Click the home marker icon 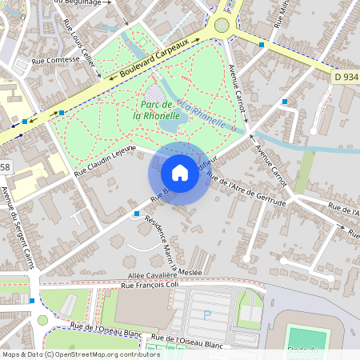point(180,173)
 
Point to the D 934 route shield point(343,74)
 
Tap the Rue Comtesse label point(55,59)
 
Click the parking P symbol point(207,315)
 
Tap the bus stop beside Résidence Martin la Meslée point(137,214)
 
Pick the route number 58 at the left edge point(5,166)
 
